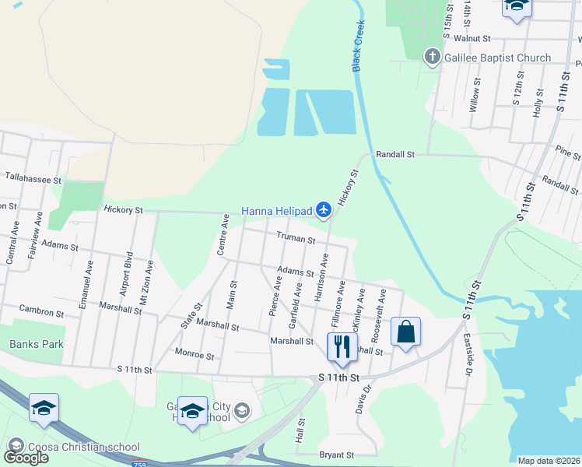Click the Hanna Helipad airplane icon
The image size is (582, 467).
coord(324,209)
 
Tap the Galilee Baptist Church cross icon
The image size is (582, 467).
coord(432,58)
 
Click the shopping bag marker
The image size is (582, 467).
coord(405,332)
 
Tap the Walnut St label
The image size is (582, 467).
coord(472,37)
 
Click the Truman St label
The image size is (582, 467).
coord(296,240)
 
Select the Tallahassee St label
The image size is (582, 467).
coord(33,180)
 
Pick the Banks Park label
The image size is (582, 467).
coord(36,344)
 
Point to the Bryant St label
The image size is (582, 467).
coord(336,455)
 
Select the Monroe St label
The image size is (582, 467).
coord(195,355)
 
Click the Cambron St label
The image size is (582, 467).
coord(41,311)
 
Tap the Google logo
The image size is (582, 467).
coord(25,457)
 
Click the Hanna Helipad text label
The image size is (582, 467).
coord(276,210)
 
